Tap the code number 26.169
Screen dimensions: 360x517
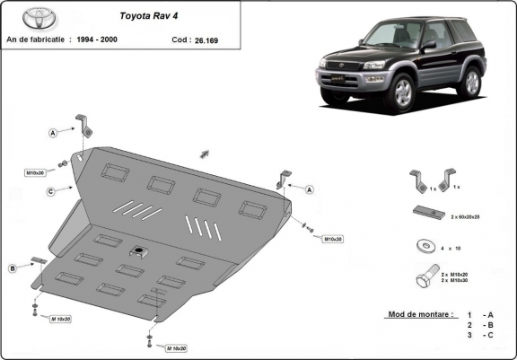click(207, 40)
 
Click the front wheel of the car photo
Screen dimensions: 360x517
click(399, 92)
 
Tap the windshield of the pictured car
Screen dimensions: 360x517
click(393, 37)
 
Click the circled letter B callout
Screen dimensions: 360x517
click(13, 268)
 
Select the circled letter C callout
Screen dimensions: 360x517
click(53, 190)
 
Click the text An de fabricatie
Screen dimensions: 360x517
click(40, 40)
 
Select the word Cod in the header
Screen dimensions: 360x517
click(179, 40)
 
